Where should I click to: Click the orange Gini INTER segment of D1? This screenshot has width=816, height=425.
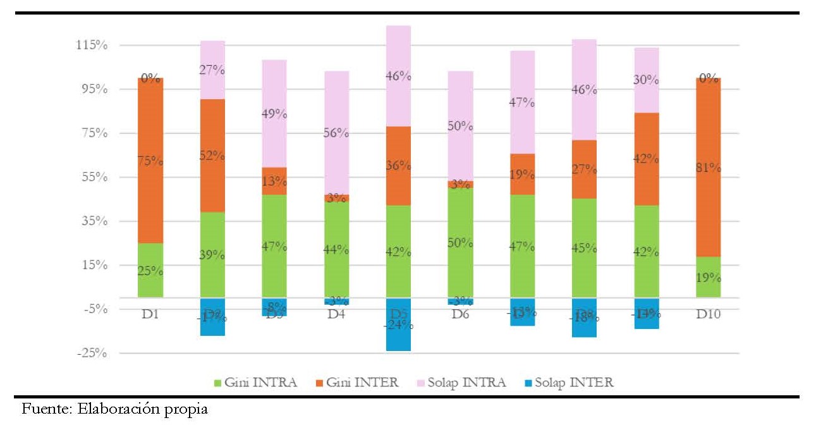(150, 190)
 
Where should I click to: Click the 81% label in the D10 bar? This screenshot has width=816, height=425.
(708, 168)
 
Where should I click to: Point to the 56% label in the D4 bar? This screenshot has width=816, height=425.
(336, 133)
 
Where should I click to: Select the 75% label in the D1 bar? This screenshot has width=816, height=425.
(150, 161)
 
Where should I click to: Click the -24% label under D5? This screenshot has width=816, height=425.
(398, 326)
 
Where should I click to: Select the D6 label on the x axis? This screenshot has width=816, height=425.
(460, 314)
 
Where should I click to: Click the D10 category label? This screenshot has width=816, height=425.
(708, 314)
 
